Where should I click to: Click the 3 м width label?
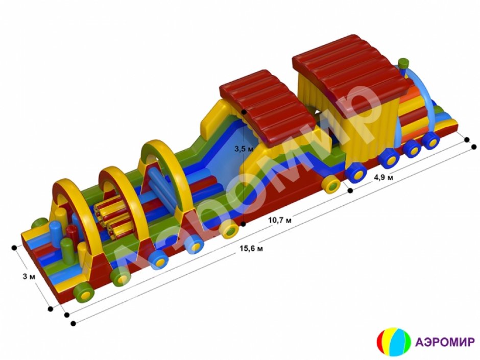tap(29, 277)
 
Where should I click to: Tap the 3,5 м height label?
tap(244, 150)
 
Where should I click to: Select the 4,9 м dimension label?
tap(383, 177)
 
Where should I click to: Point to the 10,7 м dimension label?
tap(280, 220)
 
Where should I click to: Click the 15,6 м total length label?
tap(251, 248)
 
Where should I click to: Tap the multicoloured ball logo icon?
tap(394, 342)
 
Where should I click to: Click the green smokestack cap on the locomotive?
tap(404, 63)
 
